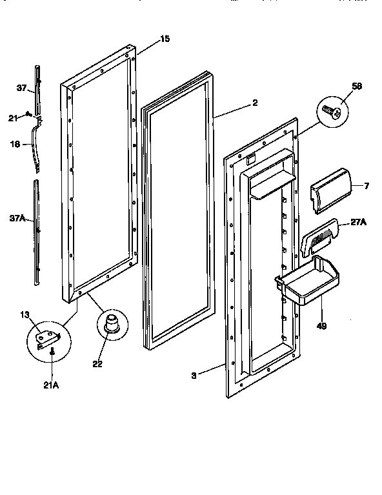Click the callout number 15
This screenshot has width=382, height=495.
click(x=165, y=39)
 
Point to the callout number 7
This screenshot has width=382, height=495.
click(x=367, y=187)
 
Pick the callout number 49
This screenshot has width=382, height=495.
click(x=322, y=326)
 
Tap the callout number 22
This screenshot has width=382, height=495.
click(x=97, y=364)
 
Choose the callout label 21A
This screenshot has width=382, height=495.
click(x=52, y=385)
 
